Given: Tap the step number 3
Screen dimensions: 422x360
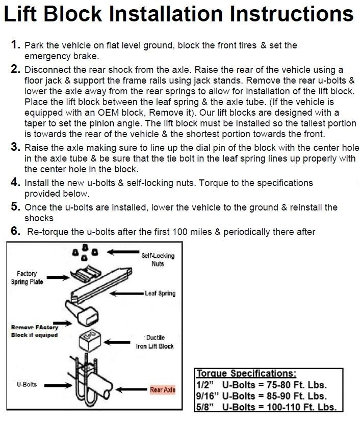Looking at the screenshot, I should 16,147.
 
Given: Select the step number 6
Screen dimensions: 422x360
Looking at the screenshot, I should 16,231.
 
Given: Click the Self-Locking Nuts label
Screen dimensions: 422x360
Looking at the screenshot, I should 158,259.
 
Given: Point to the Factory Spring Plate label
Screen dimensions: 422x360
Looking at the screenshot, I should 27,278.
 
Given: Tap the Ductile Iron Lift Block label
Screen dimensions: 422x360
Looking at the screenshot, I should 155,342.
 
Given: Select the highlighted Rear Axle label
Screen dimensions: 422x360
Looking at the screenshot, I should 163,390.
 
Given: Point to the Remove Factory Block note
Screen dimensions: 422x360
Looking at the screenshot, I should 34,331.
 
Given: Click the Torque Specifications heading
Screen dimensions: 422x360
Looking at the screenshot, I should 246,374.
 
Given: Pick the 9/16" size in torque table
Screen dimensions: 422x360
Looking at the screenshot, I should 208,395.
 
